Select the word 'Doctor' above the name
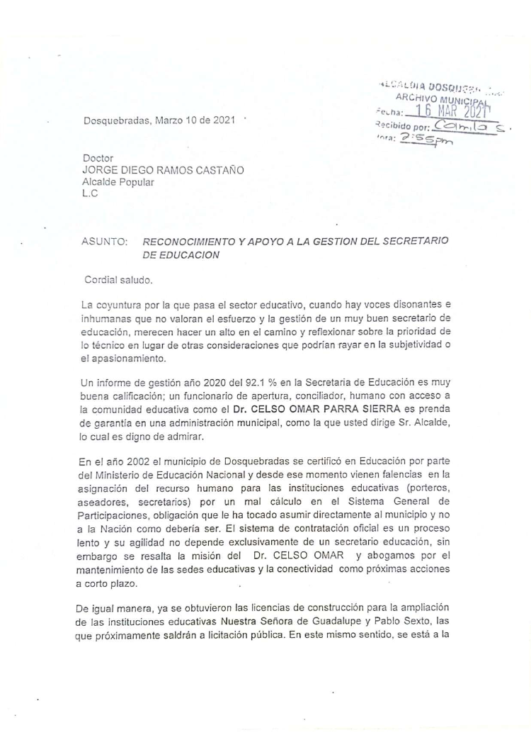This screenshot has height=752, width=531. [x=98, y=157]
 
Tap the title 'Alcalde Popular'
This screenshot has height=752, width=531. [x=118, y=181]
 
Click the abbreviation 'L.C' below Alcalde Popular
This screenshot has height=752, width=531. [x=90, y=193]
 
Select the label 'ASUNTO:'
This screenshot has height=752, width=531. [x=105, y=242]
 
